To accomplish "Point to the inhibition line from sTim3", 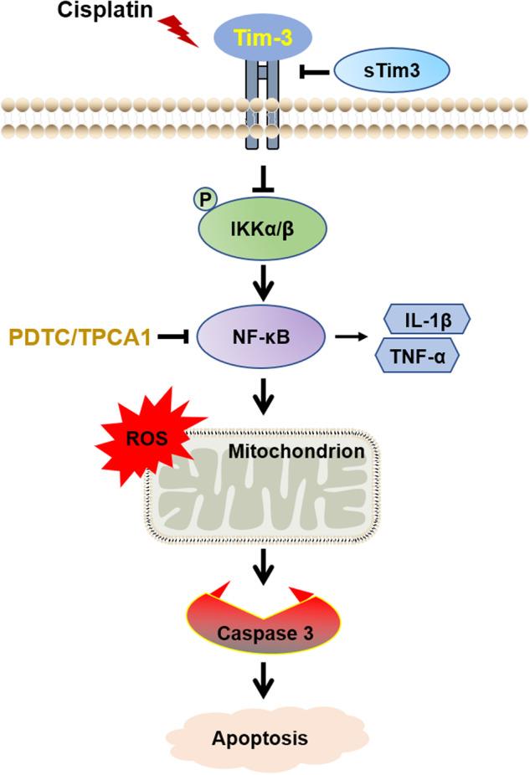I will (x=315, y=73).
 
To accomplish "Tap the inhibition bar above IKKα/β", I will (x=265, y=177).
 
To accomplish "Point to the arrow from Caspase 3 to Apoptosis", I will (x=265, y=680).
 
